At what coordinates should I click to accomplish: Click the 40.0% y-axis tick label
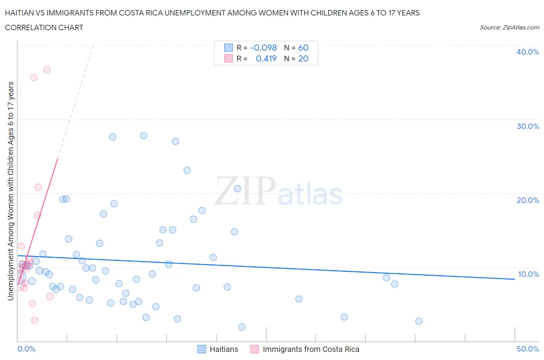coord(528,52)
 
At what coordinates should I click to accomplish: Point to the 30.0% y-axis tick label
coord(528,126)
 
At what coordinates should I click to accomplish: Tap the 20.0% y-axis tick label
coord(528,200)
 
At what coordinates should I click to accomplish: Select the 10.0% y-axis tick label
coord(528,274)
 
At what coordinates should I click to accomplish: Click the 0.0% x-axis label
coord(27,349)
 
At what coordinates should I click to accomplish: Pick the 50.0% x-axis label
coord(528,349)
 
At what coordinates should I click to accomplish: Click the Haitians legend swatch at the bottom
coord(202,349)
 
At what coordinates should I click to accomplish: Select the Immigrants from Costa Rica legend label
coord(311,349)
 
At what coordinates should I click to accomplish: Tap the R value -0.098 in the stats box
coord(263,48)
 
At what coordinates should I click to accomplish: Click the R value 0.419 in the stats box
coord(266,58)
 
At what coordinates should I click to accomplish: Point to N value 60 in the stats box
coord(303,48)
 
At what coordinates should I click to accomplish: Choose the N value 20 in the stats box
coord(303,58)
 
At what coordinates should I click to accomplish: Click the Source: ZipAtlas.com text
coord(510,27)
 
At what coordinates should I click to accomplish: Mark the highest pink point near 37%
coord(47,70)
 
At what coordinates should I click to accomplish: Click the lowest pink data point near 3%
coord(35,320)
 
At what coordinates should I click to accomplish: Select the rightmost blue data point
coord(419,321)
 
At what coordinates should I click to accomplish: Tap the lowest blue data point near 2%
coord(242,327)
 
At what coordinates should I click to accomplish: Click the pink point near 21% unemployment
coord(38,187)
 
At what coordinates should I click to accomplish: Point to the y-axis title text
coord(10,191)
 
